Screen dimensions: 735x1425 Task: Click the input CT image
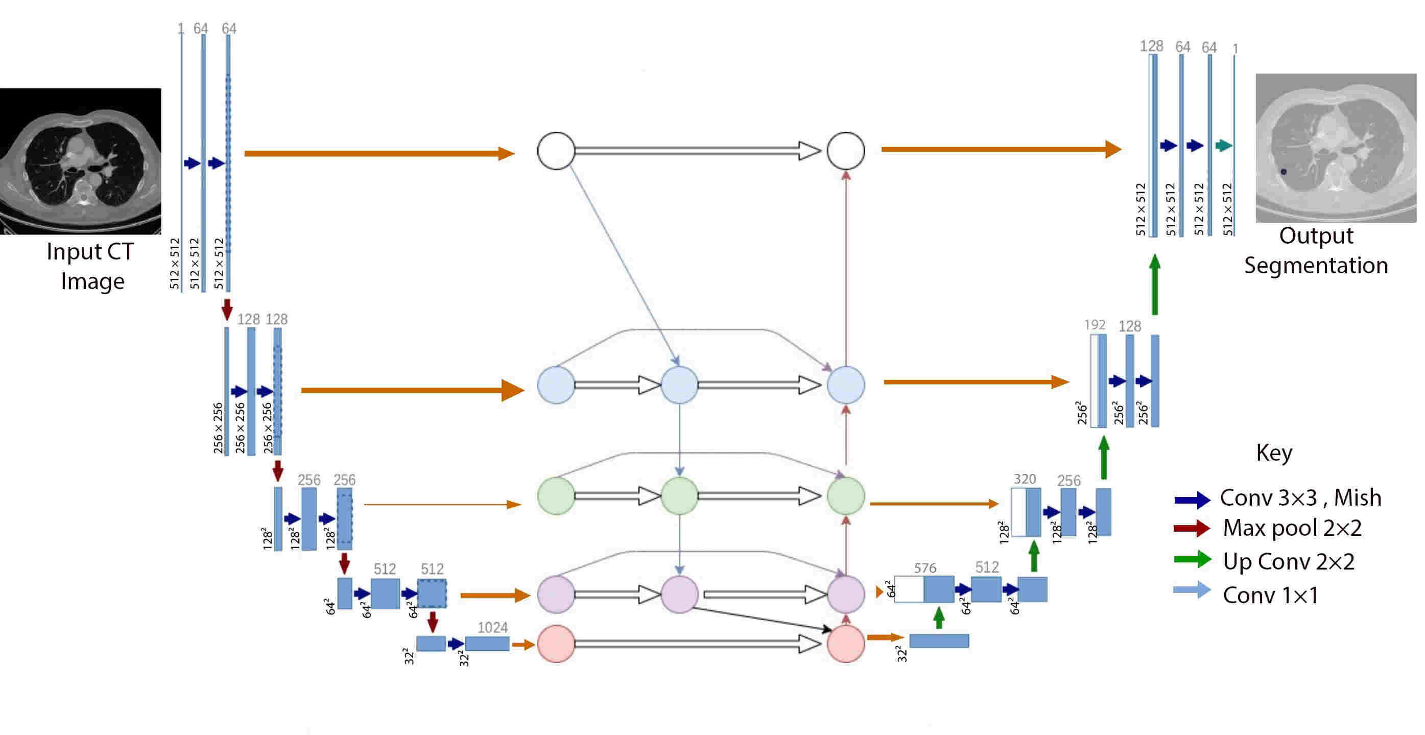click(x=81, y=161)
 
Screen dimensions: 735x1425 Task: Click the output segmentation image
click(x=1336, y=148)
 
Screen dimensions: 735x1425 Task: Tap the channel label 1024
click(x=492, y=627)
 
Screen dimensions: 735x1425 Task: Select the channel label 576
click(x=925, y=567)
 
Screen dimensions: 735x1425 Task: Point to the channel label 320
click(x=1025, y=479)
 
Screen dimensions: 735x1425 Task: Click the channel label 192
click(x=1094, y=324)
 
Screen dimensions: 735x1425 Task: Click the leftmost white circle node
click(x=556, y=151)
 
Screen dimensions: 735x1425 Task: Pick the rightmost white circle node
click(x=845, y=151)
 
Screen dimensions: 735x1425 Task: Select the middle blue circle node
click(x=679, y=385)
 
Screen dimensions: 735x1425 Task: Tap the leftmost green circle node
click(x=556, y=495)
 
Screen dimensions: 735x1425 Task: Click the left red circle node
click(x=556, y=643)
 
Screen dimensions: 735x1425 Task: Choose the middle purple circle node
click(x=679, y=594)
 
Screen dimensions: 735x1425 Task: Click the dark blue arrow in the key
click(x=1192, y=500)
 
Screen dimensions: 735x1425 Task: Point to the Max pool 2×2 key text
click(x=1292, y=528)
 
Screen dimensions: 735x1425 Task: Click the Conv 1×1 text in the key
click(x=1270, y=595)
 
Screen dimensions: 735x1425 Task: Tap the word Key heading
click(x=1273, y=453)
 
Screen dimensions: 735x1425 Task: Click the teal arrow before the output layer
click(x=1223, y=146)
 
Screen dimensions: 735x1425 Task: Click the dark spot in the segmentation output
click(x=1284, y=172)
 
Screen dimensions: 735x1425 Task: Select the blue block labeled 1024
click(x=487, y=643)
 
